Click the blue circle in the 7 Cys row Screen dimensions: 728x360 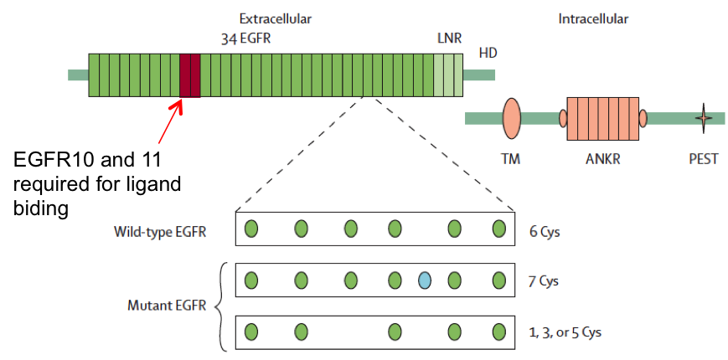pyautogui.click(x=425, y=280)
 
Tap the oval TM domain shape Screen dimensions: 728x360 pyautogui.click(x=511, y=118)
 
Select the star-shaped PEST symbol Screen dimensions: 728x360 pyautogui.click(x=704, y=118)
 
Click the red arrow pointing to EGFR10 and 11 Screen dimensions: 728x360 pyautogui.click(x=171, y=122)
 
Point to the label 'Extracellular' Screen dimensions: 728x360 pyautogui.click(x=276, y=19)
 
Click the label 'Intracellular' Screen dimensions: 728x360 pyautogui.click(x=593, y=19)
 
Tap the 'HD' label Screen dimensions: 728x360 pyautogui.click(x=488, y=54)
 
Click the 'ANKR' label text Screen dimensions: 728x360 pyautogui.click(x=602, y=160)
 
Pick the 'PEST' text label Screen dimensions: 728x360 pyautogui.click(x=704, y=160)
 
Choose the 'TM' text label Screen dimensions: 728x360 pyautogui.click(x=511, y=160)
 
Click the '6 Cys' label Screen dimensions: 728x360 pyautogui.click(x=545, y=232)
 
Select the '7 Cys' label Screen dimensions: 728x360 pyautogui.click(x=544, y=281)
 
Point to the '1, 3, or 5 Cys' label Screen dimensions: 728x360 pyautogui.click(x=565, y=332)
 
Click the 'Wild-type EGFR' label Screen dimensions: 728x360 pyautogui.click(x=160, y=232)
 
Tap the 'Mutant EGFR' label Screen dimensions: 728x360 pyautogui.click(x=167, y=306)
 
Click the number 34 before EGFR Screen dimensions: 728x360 pyautogui.click(x=229, y=39)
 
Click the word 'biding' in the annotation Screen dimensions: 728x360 pyautogui.click(x=41, y=208)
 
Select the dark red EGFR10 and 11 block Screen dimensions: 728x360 pyautogui.click(x=190, y=75)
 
